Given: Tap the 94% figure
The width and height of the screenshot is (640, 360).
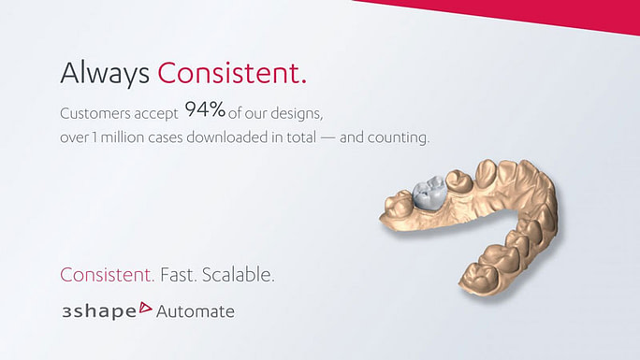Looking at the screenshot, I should pos(205,109).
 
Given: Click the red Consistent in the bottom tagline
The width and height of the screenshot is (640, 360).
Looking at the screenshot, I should pos(107,276).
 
